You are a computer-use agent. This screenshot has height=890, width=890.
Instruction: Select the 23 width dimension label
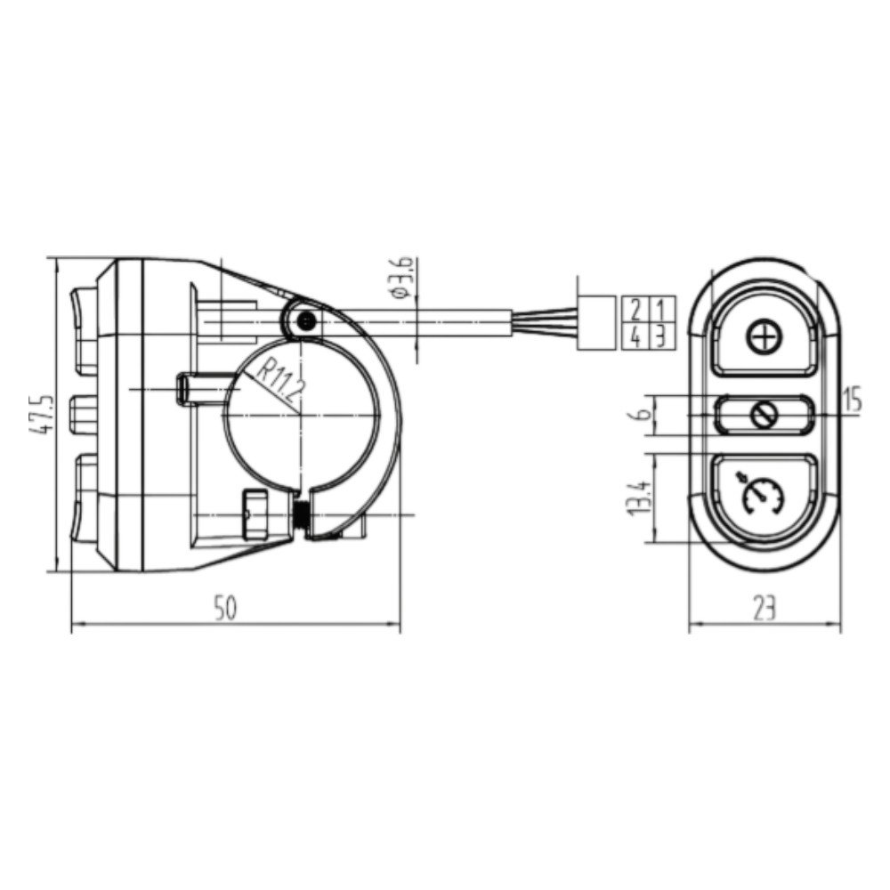(765, 608)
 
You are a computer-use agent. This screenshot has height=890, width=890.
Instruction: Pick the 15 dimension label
(853, 400)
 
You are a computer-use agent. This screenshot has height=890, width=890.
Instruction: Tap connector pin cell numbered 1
(660, 311)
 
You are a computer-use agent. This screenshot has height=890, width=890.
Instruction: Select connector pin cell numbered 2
(635, 311)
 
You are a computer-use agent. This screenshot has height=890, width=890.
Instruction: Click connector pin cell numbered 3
(660, 336)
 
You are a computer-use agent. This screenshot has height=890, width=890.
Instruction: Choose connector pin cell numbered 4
(635, 336)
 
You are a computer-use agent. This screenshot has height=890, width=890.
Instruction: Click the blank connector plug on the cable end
(597, 323)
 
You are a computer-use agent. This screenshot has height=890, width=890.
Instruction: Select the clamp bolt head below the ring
(254, 516)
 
